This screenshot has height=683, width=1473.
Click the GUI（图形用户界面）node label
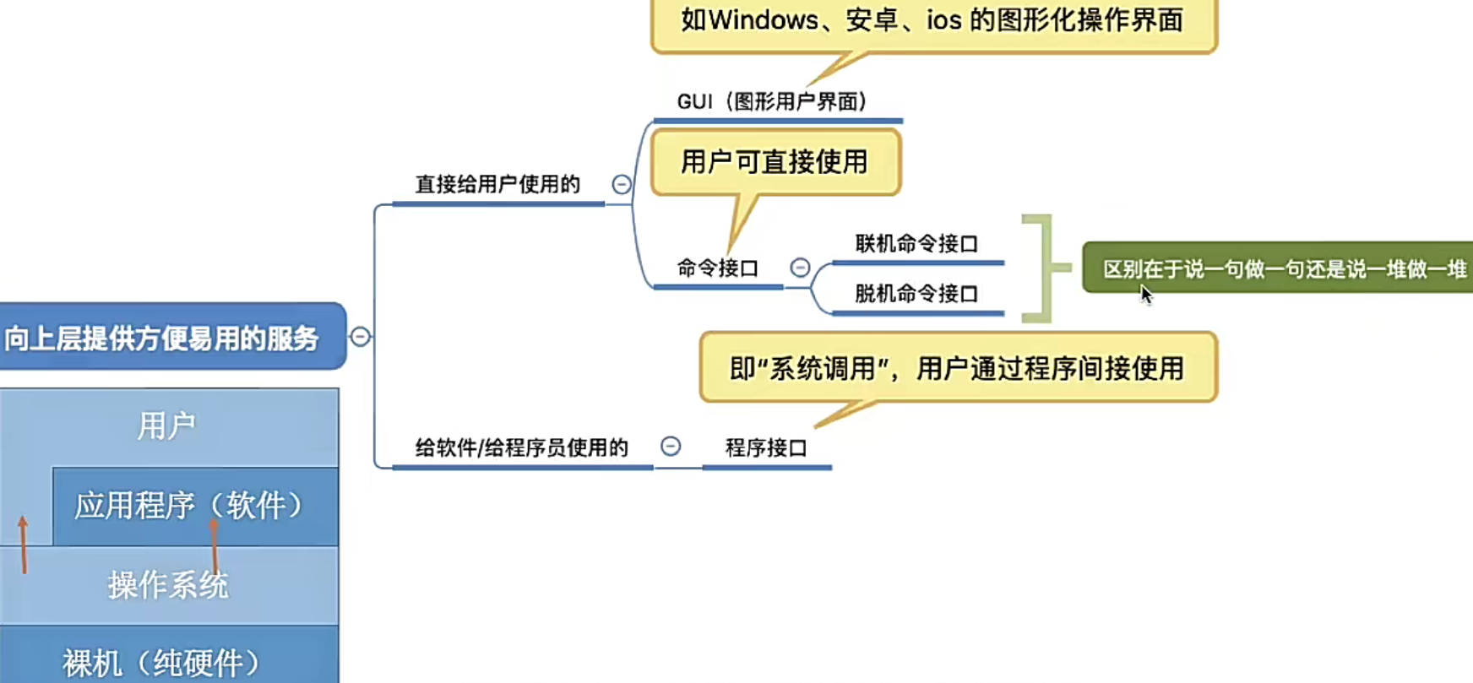[772, 102]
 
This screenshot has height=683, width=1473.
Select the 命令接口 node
[717, 268]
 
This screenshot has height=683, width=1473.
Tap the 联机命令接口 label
[916, 244]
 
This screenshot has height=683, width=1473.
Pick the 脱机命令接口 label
[916, 294]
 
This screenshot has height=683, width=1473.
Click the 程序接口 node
[766, 447]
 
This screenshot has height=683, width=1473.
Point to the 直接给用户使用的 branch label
[497, 184]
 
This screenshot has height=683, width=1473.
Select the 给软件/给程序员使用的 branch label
[521, 447]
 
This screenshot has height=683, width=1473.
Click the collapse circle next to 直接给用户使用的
[622, 184]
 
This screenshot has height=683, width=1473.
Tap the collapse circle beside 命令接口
[800, 268]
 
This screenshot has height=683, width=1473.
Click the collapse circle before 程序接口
[671, 447]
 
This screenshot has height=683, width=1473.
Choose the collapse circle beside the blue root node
[360, 336]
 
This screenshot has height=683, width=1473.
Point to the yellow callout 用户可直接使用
[775, 161]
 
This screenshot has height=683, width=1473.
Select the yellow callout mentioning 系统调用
[957, 368]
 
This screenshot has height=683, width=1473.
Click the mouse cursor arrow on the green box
[1144, 293]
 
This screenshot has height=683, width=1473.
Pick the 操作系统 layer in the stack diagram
[168, 584]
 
